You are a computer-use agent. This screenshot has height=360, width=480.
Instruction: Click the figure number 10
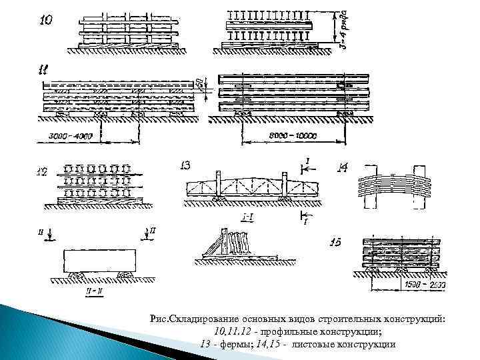[45, 21]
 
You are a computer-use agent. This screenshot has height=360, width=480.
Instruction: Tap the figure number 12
[42, 172]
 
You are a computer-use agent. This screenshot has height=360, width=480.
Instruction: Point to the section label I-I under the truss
[247, 218]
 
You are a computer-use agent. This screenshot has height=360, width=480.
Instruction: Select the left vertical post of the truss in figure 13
[217, 185]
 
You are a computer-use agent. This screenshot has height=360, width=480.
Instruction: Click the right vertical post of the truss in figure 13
[285, 185]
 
